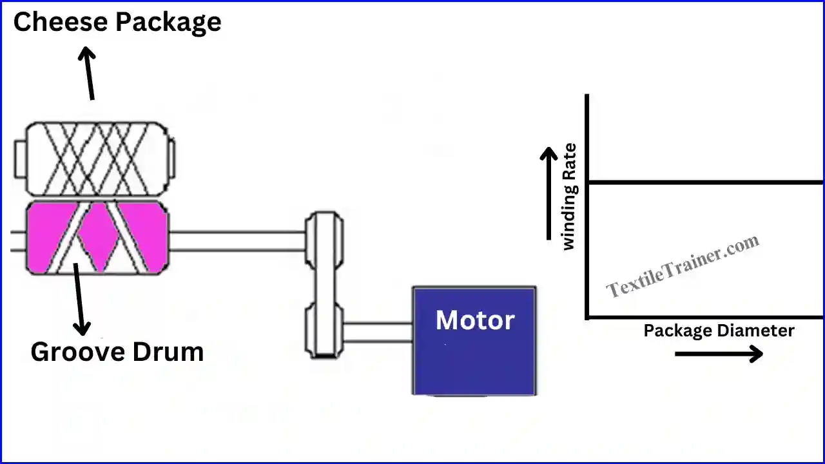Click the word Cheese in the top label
tap(59, 23)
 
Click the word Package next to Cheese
tap(168, 23)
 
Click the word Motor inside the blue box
tap(475, 320)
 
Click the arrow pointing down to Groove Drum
tap(79, 300)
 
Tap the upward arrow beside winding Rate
tap(548, 193)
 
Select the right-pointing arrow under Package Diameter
tap(719, 353)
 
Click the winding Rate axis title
tap(570, 197)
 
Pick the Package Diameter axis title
tap(719, 331)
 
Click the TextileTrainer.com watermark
tap(683, 266)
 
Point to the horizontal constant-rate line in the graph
tap(703, 182)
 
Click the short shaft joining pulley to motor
tap(378, 332)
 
